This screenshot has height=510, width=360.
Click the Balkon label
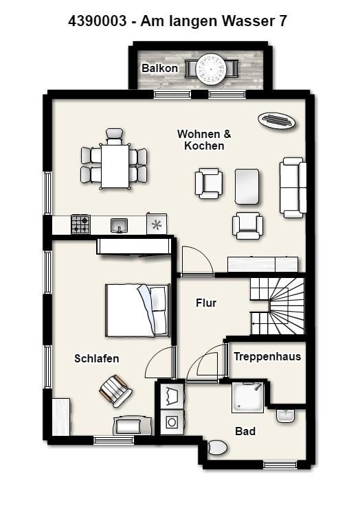tap(160, 69)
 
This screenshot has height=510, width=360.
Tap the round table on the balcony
tap(212, 69)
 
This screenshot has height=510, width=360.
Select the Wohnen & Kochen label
tap(204, 139)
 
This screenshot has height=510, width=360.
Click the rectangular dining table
tap(115, 166)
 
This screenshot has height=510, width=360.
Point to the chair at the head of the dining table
tap(115, 137)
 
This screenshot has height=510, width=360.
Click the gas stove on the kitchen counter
tap(80, 224)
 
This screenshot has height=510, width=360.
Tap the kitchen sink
tap(119, 225)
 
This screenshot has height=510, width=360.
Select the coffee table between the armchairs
tap(247, 187)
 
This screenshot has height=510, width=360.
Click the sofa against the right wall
tap(293, 187)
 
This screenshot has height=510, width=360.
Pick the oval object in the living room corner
tap(277, 120)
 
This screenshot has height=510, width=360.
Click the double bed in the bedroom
tap(137, 310)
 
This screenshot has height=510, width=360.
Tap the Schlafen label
tap(97, 358)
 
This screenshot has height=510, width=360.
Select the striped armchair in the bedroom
tap(115, 391)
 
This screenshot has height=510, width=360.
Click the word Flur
tap(206, 303)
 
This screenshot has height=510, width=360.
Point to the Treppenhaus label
tap(267, 356)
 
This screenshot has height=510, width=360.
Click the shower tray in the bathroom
tap(248, 397)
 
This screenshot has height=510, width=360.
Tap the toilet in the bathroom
tap(217, 448)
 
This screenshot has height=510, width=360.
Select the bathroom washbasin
tap(286, 416)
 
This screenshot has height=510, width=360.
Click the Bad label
tap(245, 431)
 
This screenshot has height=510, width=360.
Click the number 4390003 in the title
tap(97, 21)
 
